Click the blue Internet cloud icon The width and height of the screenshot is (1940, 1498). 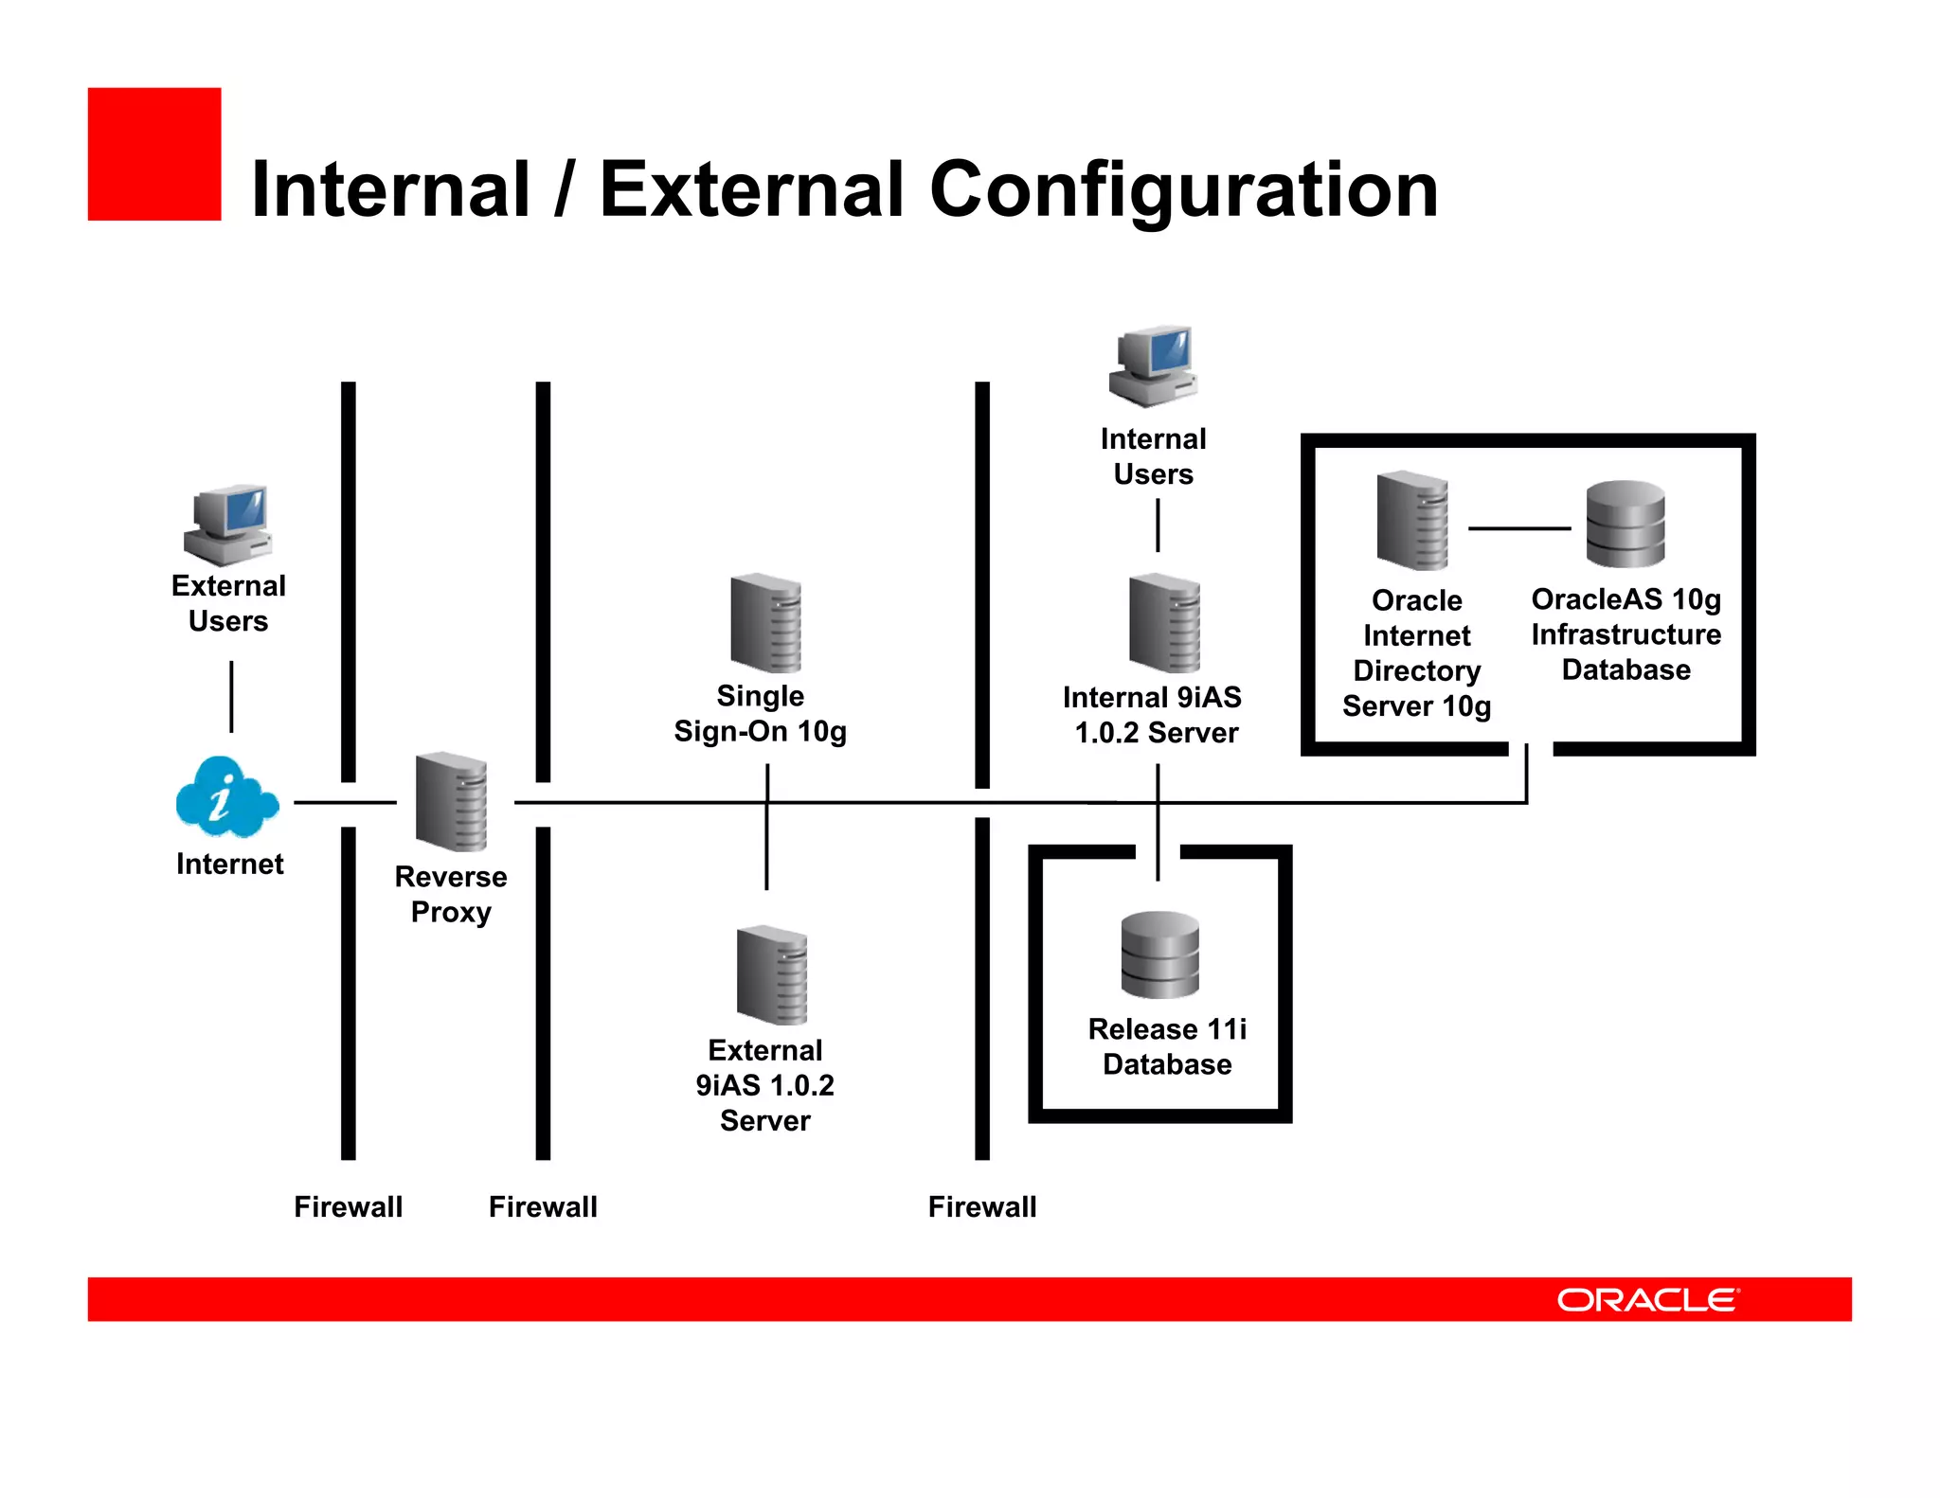point(226,797)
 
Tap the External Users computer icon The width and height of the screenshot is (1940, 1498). point(228,526)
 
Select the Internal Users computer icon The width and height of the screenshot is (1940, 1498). point(1154,367)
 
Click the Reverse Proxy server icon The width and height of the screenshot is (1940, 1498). point(452,802)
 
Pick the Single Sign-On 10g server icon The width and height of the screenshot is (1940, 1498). point(765,623)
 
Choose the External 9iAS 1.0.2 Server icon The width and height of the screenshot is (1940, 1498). point(772,975)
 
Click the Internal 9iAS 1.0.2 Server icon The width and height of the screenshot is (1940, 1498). point(1164,623)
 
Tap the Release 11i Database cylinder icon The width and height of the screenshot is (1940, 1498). point(1159,954)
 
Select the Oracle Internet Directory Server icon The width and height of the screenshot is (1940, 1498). point(1412,521)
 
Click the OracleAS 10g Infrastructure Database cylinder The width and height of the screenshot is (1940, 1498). point(1626,524)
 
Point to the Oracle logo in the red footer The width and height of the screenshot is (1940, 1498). point(1647,1300)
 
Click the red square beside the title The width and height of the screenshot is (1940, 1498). point(154,154)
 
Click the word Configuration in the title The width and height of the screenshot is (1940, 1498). point(1183,190)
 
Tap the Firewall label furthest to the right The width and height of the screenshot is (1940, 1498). point(982,1206)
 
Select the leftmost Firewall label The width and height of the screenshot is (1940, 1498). point(348,1206)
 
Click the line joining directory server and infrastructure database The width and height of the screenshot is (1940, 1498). point(1518,528)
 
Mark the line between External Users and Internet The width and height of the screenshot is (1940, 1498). point(231,697)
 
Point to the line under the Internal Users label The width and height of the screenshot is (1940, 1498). point(1158,526)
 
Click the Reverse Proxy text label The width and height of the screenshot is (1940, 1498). point(451,894)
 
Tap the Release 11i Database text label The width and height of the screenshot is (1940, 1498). point(1167,1046)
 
